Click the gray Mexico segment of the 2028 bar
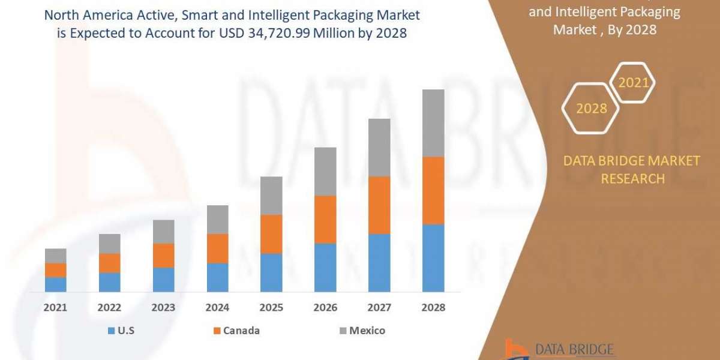pos(433,123)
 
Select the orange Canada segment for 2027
pos(379,205)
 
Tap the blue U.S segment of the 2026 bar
pos(325,268)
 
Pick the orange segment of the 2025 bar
pos(271,234)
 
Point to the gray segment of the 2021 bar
pos(56,256)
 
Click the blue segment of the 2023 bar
pos(163,280)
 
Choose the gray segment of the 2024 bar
pos(217,220)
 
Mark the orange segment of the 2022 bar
pos(109,263)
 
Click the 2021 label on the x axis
pos(56,307)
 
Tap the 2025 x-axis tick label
pos(271,307)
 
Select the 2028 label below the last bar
pos(433,307)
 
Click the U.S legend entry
pos(122,331)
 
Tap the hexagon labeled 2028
pos(591,109)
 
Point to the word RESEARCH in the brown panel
pos(632,178)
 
